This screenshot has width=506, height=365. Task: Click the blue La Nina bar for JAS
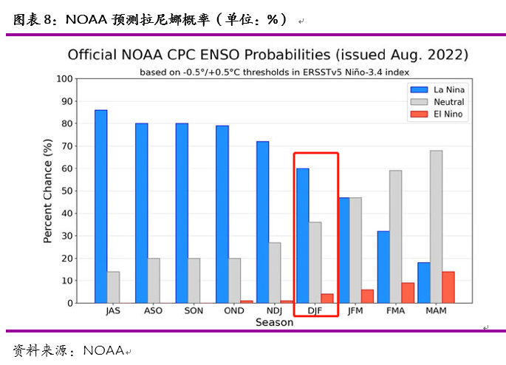(100, 206)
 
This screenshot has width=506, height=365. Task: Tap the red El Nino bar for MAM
(448, 287)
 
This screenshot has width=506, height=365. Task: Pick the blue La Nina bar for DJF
(303, 236)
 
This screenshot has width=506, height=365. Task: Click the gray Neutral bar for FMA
(395, 236)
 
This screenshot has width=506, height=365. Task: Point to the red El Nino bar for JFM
(367, 296)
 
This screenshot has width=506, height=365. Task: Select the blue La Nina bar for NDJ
(262, 222)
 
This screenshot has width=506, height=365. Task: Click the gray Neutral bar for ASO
(154, 280)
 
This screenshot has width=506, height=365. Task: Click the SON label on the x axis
(194, 311)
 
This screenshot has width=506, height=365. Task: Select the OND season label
(234, 311)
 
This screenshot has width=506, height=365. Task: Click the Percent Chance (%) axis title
(48, 191)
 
